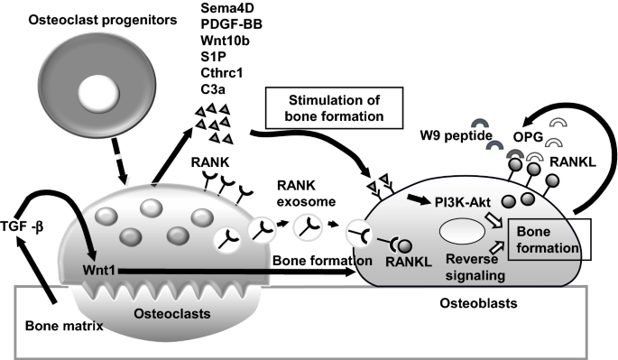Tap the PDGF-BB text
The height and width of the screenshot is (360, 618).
click(x=231, y=24)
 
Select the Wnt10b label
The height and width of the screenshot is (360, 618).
click(x=225, y=41)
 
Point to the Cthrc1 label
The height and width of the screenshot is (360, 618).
click(x=222, y=73)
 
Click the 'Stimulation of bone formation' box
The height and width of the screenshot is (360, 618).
click(x=334, y=108)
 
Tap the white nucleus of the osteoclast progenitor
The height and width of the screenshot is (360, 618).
click(x=98, y=93)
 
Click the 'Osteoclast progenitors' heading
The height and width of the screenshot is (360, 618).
click(x=103, y=20)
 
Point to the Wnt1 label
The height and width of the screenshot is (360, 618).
click(x=98, y=271)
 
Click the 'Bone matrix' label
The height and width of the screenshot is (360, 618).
click(x=64, y=326)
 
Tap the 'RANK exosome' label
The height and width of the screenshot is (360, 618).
click(x=306, y=193)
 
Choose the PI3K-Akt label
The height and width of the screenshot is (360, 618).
click(x=463, y=202)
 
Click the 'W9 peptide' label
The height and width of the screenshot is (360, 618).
click(x=456, y=135)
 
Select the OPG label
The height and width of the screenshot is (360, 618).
click(x=528, y=137)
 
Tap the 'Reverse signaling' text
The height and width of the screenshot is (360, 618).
click(x=475, y=267)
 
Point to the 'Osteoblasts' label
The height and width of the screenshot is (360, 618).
click(x=478, y=303)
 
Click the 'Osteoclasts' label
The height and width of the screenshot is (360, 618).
click(x=172, y=313)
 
